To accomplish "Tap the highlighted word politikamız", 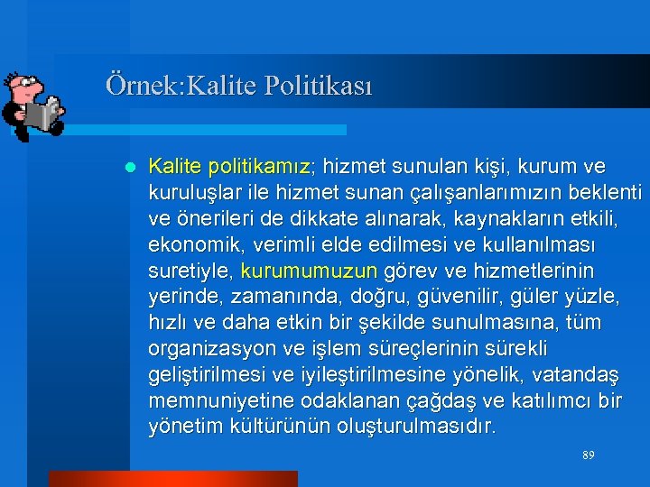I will coord(259,167).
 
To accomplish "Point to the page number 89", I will coord(588,456).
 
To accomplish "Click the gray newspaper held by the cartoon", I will coord(42,115).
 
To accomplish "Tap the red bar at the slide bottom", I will coord(172,479).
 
